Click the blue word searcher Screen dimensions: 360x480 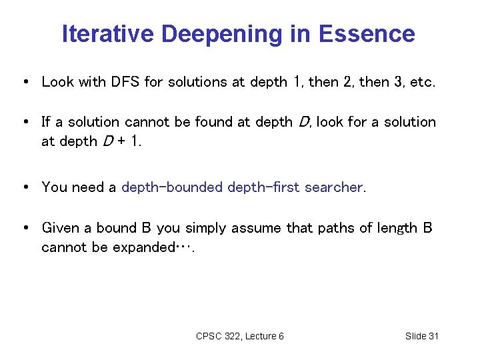tap(334, 187)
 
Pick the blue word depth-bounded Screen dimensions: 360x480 tap(172, 187)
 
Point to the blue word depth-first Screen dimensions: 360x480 tap(264, 187)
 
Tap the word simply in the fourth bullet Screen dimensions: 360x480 tap(207, 229)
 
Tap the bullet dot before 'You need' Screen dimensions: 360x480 tap(25, 187)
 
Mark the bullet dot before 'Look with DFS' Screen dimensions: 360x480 tap(25, 82)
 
